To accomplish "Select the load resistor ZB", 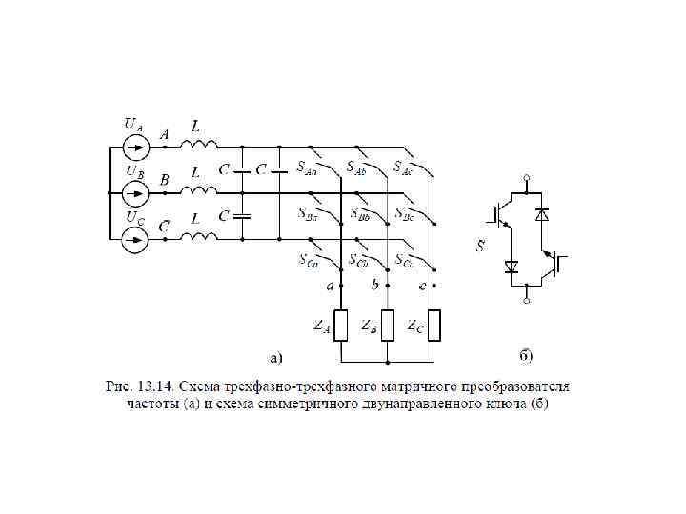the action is [x=389, y=326].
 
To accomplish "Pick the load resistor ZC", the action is [x=434, y=326].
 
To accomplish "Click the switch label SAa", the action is [x=306, y=168].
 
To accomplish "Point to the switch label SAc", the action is [x=403, y=168].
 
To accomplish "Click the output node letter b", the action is [x=375, y=285].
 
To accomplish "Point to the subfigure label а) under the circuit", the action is [x=274, y=358].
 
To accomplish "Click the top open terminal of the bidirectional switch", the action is [x=527, y=177].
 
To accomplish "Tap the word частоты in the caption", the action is [x=154, y=404].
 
